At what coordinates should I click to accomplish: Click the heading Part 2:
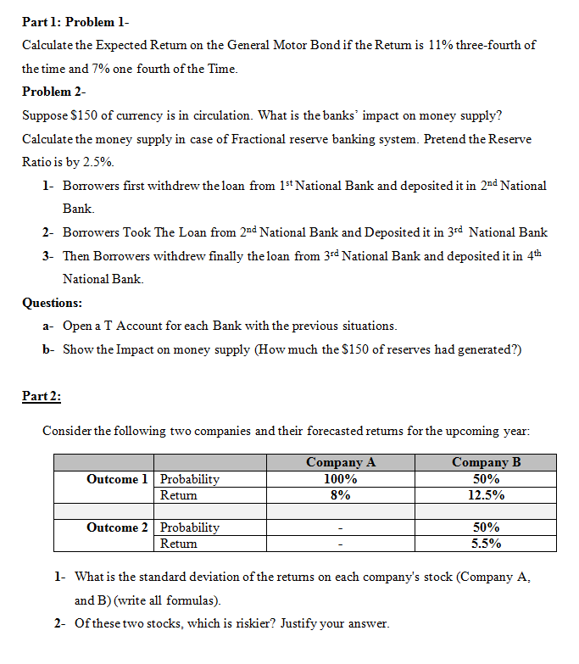point(42,395)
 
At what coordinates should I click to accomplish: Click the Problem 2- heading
point(54,92)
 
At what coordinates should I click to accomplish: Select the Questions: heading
point(53,302)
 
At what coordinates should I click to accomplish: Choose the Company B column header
point(486,462)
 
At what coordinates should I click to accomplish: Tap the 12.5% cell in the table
point(486,495)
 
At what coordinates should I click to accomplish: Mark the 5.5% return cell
point(486,544)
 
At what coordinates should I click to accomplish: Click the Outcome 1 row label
point(117,479)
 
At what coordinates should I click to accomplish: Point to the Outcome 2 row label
point(117,527)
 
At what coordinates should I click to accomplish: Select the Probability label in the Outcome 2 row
point(190,527)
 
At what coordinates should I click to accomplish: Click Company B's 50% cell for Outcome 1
point(486,479)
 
